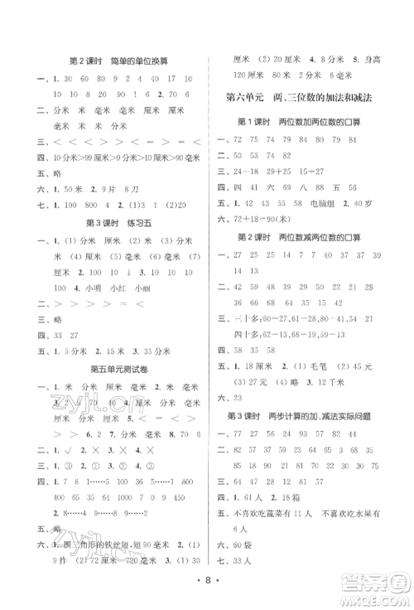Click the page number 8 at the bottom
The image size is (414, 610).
pyautogui.click(x=205, y=589)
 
